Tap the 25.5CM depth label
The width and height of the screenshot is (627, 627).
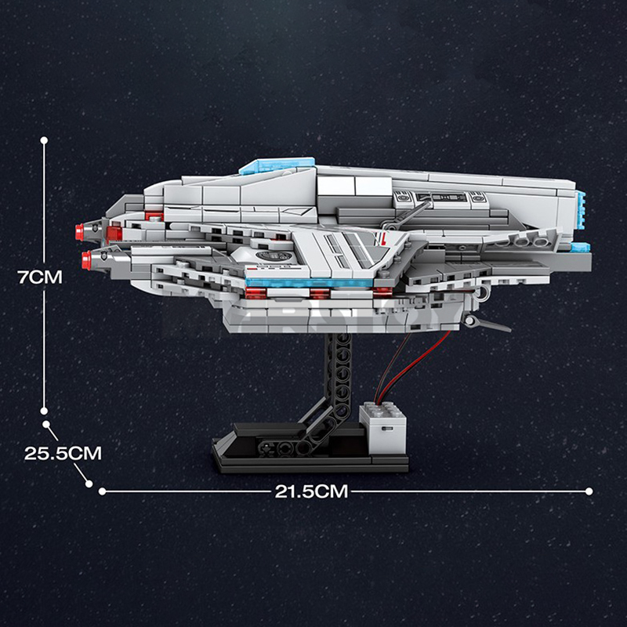(x=62, y=453)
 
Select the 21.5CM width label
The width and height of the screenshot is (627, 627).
(x=311, y=491)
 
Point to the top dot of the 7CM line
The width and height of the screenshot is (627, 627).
(x=44, y=140)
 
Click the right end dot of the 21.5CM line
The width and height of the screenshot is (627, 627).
(x=589, y=491)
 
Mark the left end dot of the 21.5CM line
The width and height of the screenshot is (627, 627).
(x=102, y=491)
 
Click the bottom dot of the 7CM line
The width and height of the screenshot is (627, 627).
(x=44, y=408)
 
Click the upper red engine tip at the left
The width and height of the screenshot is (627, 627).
(x=80, y=230)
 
